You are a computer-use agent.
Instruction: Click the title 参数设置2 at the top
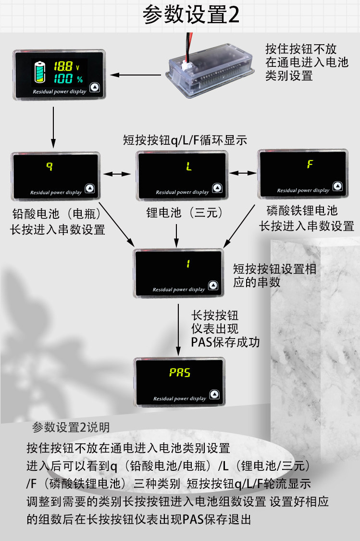(x=191, y=15)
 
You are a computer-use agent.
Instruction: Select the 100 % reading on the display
(x=67, y=79)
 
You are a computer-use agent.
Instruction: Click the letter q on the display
(x=49, y=166)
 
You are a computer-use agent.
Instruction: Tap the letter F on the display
(x=310, y=164)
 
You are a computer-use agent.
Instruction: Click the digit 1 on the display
(x=188, y=264)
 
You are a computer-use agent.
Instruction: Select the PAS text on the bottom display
(x=180, y=373)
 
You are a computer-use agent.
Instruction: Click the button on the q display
(x=89, y=189)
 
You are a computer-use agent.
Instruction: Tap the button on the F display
(x=337, y=186)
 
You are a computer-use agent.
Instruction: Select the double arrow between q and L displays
(x=118, y=173)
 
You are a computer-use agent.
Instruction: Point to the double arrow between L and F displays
(x=243, y=173)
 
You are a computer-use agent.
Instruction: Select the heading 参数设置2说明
(x=71, y=427)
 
